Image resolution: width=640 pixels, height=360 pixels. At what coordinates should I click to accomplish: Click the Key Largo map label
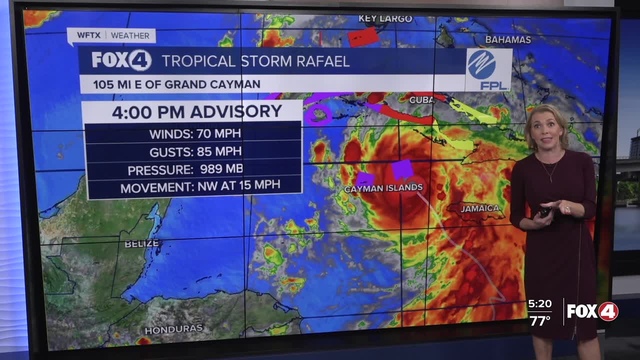coord(385,19)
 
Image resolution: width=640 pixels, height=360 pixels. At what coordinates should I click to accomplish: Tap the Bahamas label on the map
coord(508,39)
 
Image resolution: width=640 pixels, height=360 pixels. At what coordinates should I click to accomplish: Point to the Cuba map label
coord(421,100)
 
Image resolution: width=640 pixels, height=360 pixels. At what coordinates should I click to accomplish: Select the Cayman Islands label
coord(383,188)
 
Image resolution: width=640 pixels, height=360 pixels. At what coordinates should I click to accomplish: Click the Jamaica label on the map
coord(480,208)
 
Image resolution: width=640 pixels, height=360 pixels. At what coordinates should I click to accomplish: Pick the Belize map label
coord(141,244)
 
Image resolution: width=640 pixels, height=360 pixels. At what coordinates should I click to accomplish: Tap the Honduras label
coord(173,329)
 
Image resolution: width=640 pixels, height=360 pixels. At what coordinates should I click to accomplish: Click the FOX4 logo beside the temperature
coord(592,312)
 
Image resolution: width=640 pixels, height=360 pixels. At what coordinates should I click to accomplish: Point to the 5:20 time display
coord(539,304)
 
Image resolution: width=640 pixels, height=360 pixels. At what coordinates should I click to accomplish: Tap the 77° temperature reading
coord(540,320)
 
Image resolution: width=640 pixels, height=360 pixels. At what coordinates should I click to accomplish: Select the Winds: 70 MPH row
coord(195,133)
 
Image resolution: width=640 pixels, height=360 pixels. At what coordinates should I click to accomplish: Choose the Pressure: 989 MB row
coord(185,169)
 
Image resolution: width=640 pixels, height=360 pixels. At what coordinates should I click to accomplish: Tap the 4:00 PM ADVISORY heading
coord(197,112)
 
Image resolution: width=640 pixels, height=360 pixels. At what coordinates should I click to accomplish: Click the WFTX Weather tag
coord(113,35)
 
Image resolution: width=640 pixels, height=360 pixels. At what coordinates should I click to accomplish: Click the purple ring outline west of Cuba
coord(317,114)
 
